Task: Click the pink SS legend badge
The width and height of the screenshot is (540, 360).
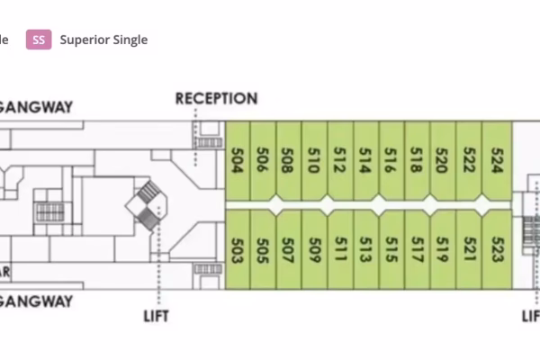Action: click(x=39, y=40)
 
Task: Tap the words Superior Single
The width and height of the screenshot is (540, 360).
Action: click(x=103, y=40)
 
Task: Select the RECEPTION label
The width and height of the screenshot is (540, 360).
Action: click(x=216, y=98)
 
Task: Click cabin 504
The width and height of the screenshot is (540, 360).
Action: click(x=238, y=160)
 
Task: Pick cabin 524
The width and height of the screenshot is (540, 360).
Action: click(x=498, y=160)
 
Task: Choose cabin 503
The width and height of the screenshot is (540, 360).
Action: click(x=238, y=248)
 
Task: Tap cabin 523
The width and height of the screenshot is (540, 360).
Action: click(x=498, y=248)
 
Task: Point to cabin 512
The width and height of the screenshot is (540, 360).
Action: click(x=341, y=160)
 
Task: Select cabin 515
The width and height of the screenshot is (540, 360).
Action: click(x=392, y=248)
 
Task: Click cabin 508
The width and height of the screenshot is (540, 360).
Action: click(x=289, y=160)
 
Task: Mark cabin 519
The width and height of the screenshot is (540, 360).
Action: click(x=444, y=248)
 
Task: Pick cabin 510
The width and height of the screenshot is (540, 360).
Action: click(x=315, y=160)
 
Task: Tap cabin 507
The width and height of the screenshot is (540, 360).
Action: click(x=289, y=248)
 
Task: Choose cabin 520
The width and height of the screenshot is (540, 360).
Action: click(x=444, y=160)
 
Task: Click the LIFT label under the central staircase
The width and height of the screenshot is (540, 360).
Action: click(x=157, y=316)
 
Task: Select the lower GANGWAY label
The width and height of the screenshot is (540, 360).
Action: click(x=36, y=302)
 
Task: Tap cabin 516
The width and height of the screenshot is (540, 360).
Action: click(x=392, y=160)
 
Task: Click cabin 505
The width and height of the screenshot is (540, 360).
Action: click(x=264, y=248)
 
